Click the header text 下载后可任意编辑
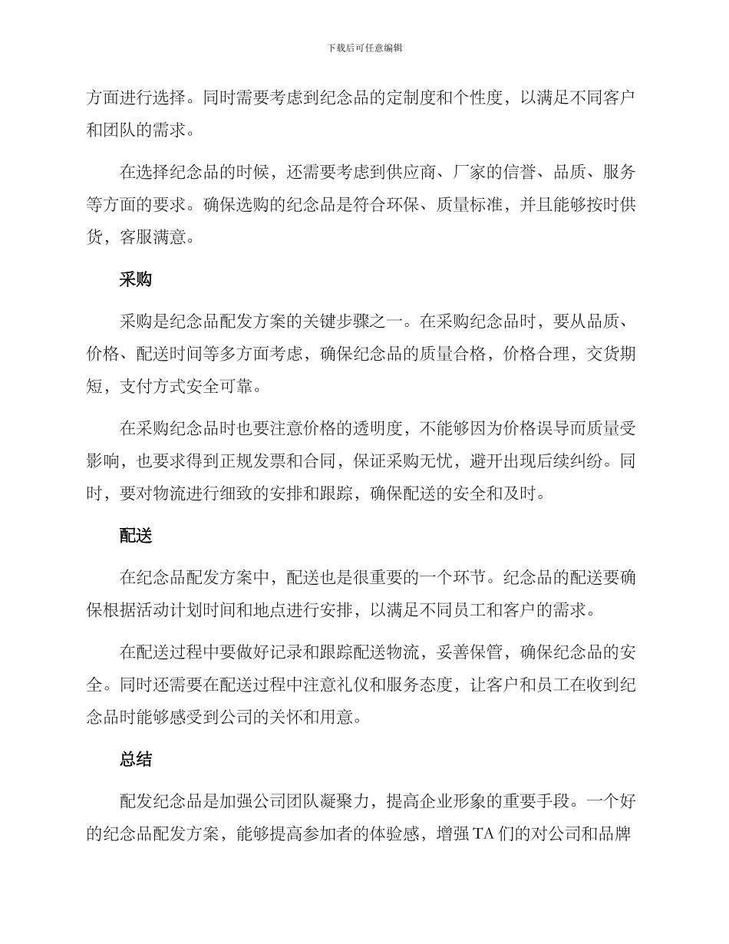364,48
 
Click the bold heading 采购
136,280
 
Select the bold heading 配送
136,536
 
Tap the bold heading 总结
136,760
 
